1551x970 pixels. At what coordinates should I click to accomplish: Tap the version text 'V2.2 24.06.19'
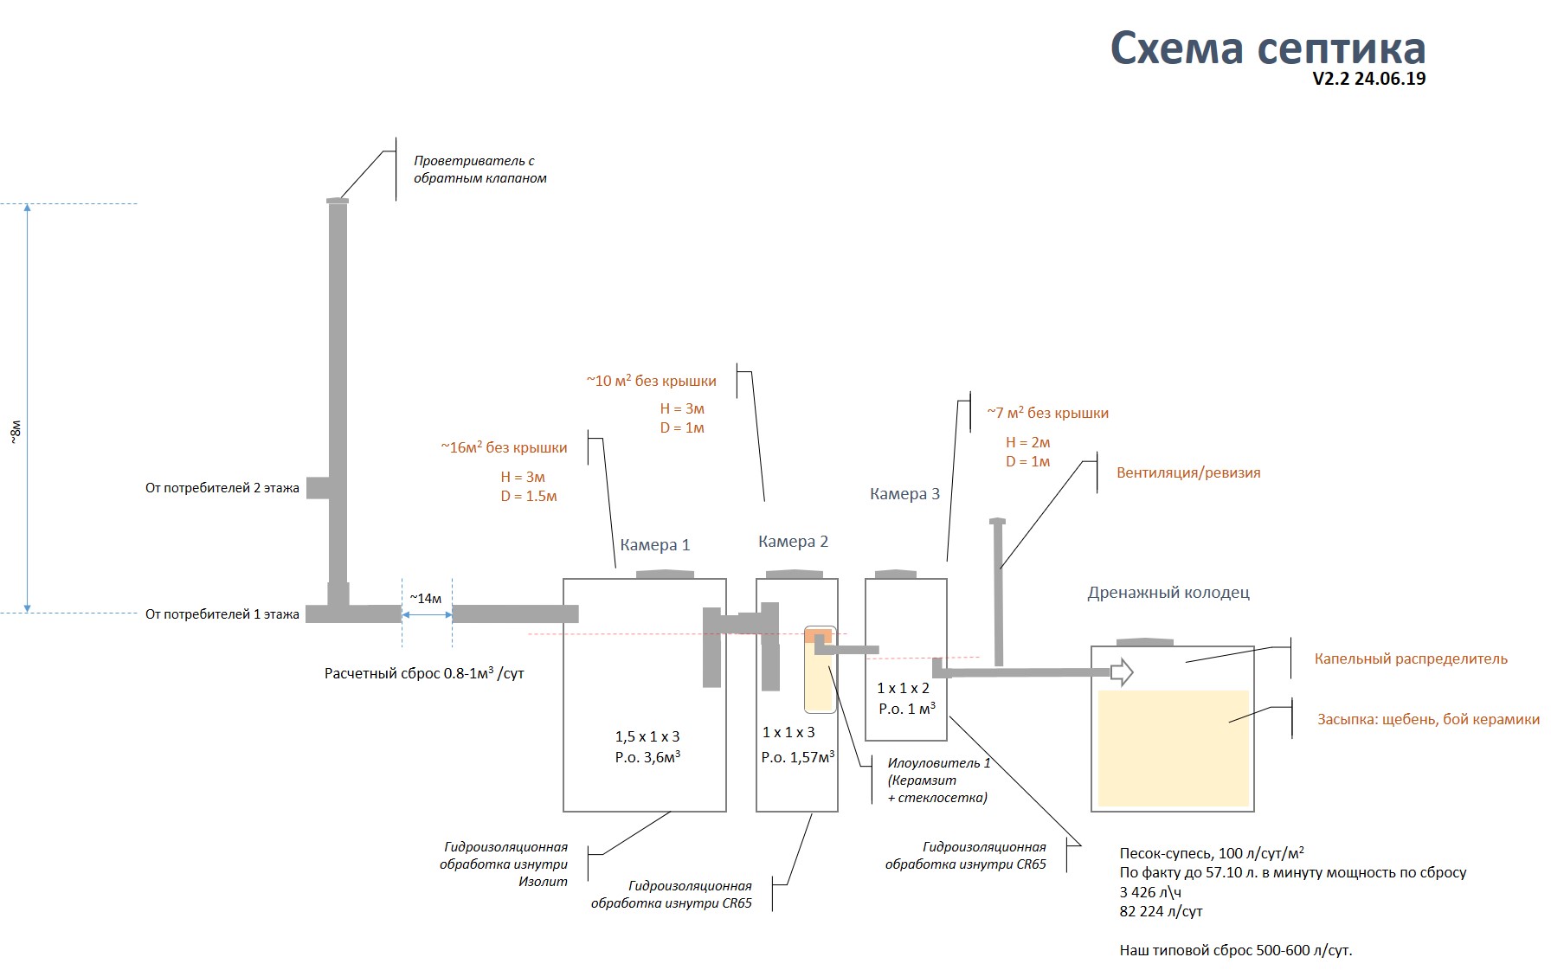[x=1369, y=79]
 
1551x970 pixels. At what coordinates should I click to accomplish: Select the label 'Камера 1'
[x=655, y=545]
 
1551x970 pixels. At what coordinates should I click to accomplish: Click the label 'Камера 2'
[x=793, y=542]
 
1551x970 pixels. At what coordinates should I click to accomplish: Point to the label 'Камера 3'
[x=904, y=494]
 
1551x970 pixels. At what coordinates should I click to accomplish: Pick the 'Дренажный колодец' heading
[x=1168, y=593]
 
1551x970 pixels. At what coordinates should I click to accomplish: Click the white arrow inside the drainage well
[x=1122, y=671]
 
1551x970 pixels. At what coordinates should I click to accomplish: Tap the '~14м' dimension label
[x=426, y=598]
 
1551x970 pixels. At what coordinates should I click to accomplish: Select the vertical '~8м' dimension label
[x=15, y=433]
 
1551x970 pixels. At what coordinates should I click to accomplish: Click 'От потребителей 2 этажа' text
[x=222, y=488]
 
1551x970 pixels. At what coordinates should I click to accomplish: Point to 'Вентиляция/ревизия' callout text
[x=1188, y=472]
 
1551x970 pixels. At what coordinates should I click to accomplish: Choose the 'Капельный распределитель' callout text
[x=1411, y=658]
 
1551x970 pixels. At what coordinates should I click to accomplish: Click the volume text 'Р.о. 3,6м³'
[x=647, y=757]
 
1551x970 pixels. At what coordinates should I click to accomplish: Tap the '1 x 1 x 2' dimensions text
[x=903, y=689]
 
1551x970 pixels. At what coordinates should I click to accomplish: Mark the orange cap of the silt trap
[x=819, y=636]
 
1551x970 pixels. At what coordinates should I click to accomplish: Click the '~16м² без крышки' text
[x=504, y=447]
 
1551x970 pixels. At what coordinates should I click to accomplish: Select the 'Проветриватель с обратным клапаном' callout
[x=480, y=170]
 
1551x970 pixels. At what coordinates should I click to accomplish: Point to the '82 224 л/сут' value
[x=1161, y=911]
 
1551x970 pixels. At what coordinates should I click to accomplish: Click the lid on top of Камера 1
[x=665, y=573]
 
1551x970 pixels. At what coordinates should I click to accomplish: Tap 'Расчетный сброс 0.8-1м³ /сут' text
[x=424, y=672]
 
